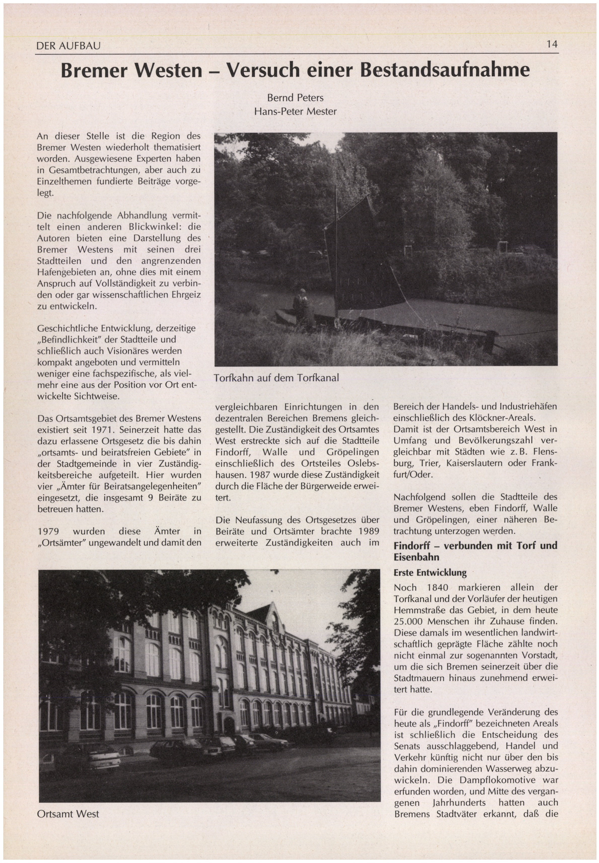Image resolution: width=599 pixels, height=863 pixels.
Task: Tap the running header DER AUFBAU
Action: point(68,46)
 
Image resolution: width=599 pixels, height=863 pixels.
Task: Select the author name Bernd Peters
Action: point(295,98)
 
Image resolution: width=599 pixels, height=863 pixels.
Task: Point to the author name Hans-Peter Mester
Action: point(295,112)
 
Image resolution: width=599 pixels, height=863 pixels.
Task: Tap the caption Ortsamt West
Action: point(68,814)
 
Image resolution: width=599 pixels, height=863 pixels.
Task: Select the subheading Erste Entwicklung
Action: point(430,573)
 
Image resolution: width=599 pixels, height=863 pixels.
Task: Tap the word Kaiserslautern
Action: point(474,463)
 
